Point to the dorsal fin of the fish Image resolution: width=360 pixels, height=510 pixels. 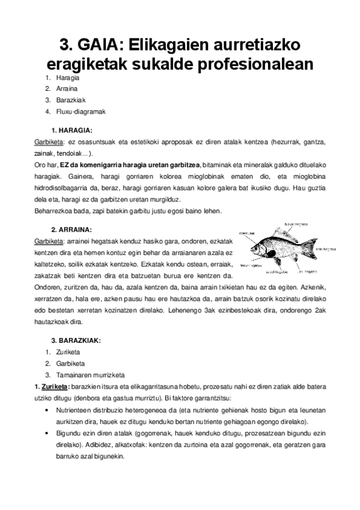[x=282, y=235]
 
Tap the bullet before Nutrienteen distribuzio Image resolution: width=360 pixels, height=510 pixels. [x=47, y=410]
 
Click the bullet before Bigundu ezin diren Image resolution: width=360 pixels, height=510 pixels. [x=47, y=433]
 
